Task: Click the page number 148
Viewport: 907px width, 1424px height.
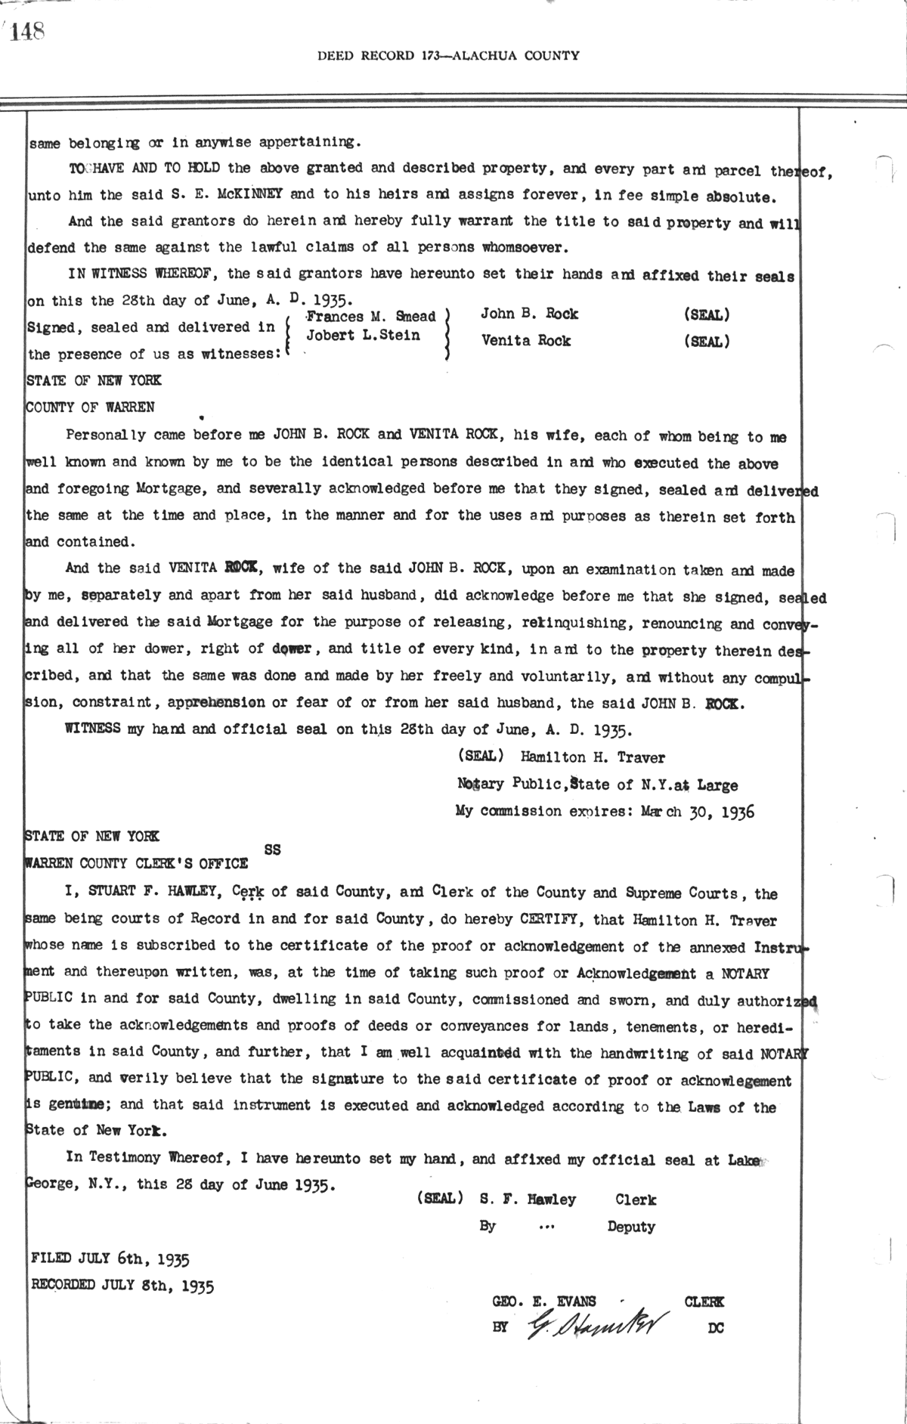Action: tap(29, 31)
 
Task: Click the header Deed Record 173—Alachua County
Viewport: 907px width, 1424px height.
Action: tap(448, 55)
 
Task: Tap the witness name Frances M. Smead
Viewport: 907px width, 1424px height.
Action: tap(371, 317)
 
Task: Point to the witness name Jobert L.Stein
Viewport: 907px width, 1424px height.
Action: tap(363, 336)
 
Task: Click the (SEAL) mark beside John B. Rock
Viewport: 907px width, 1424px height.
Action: tap(706, 314)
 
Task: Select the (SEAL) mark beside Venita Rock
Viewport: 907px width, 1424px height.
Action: tap(706, 341)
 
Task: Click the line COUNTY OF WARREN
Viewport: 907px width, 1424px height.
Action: tap(91, 407)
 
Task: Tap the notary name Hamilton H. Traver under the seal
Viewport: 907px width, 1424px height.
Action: tap(593, 757)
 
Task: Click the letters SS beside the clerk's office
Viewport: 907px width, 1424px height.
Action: tap(273, 850)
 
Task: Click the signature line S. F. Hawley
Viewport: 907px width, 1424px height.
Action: tap(528, 1200)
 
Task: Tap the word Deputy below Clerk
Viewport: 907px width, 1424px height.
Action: tap(630, 1227)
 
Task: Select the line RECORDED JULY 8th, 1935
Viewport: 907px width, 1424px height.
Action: tap(122, 1285)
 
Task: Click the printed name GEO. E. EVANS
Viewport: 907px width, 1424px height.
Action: tap(544, 1301)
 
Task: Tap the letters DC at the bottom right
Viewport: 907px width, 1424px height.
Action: tap(715, 1328)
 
